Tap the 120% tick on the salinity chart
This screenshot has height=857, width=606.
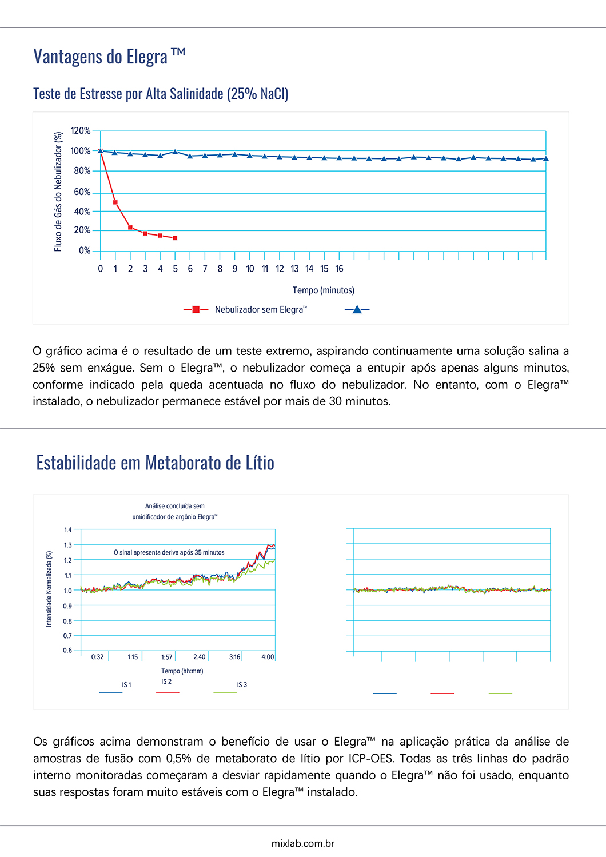pyautogui.click(x=81, y=131)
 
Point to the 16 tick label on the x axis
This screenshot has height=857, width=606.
pyautogui.click(x=339, y=269)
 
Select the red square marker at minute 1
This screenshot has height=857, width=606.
pyautogui.click(x=115, y=202)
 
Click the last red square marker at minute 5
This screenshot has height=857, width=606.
pyautogui.click(x=175, y=238)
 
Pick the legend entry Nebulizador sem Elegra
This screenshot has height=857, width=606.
pyautogui.click(x=261, y=310)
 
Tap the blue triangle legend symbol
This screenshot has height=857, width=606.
pyautogui.click(x=357, y=310)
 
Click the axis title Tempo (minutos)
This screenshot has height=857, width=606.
pyautogui.click(x=324, y=290)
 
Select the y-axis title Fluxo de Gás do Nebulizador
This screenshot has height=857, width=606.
pyautogui.click(x=58, y=192)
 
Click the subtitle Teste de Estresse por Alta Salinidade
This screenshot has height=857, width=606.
pyautogui.click(x=161, y=94)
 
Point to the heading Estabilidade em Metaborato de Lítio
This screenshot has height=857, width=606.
pyautogui.click(x=155, y=463)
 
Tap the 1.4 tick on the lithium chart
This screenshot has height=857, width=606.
pyautogui.click(x=68, y=530)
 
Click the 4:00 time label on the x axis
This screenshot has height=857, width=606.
pyautogui.click(x=268, y=657)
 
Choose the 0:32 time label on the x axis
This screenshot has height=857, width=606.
pyautogui.click(x=98, y=657)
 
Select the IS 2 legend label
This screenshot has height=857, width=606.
pyautogui.click(x=166, y=681)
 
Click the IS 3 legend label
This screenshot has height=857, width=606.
pyautogui.click(x=242, y=685)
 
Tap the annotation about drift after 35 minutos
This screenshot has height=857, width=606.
pyautogui.click(x=169, y=553)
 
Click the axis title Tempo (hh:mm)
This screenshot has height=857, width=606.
pyautogui.click(x=182, y=671)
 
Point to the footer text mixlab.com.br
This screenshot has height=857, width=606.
pyautogui.click(x=303, y=843)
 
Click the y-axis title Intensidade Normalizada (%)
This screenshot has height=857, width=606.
pyautogui.click(x=49, y=589)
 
